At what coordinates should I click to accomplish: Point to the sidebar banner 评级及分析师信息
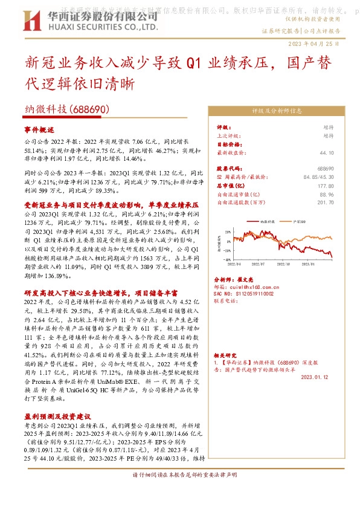tap(277, 111)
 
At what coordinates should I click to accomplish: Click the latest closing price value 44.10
tap(326, 154)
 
